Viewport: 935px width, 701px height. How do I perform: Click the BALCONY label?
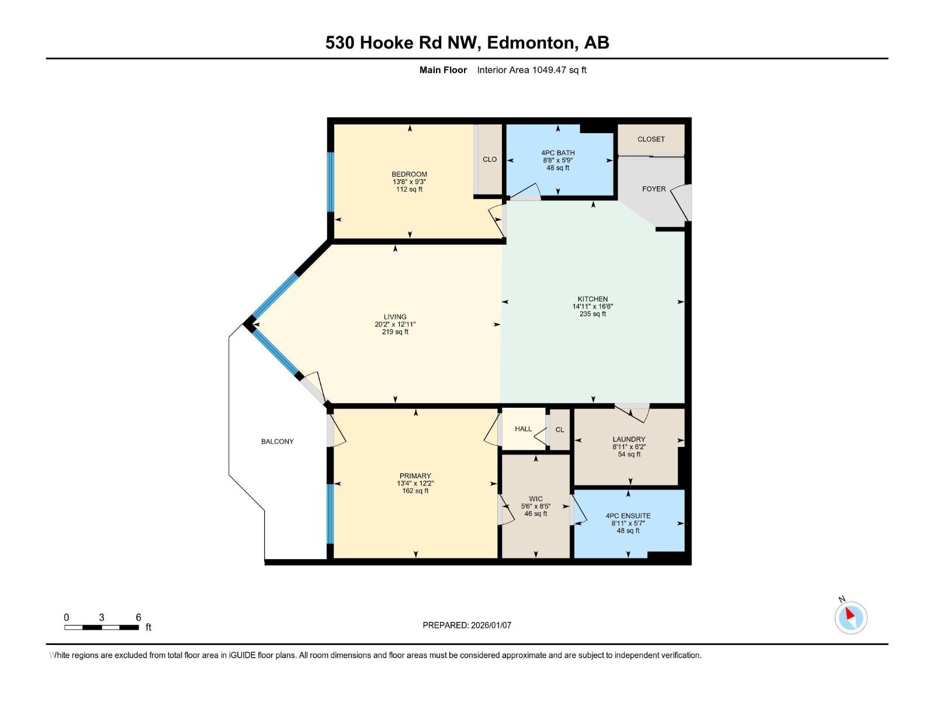coord(277,442)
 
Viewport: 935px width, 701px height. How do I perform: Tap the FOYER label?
coord(653,189)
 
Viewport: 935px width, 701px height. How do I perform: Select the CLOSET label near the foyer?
coord(651,140)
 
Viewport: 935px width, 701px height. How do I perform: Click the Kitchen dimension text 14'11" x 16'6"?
coord(593,307)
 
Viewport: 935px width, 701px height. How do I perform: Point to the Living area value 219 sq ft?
coord(395,332)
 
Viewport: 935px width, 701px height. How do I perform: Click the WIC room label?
coord(535,499)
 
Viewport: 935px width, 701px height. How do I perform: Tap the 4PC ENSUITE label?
coord(628,516)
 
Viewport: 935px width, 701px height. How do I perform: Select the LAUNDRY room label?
coord(629,439)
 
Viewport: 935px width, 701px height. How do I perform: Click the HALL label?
coord(523,429)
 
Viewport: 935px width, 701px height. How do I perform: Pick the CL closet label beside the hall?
coord(560,430)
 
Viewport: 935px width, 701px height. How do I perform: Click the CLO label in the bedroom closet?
coord(490,159)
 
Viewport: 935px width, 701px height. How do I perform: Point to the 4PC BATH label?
coord(557,153)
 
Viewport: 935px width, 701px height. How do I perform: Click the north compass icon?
coord(850,617)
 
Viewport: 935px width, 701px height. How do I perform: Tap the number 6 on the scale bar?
coord(138,617)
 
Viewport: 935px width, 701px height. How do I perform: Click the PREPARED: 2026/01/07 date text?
coord(467,625)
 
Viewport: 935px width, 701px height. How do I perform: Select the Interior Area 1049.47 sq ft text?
coord(531,70)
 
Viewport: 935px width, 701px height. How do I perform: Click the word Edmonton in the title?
coord(531,43)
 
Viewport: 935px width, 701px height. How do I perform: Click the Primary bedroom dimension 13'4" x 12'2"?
coord(415,484)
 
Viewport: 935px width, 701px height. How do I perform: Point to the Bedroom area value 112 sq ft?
coord(409,189)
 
